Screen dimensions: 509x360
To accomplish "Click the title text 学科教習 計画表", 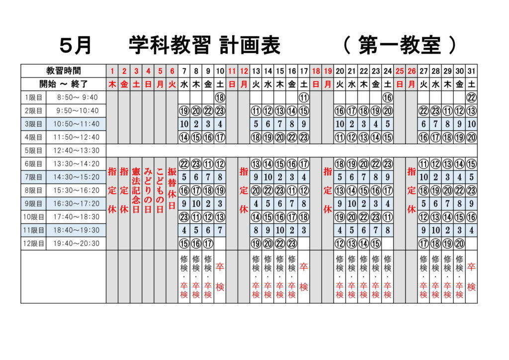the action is click(204, 45).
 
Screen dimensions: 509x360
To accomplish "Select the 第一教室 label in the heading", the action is click(400, 45).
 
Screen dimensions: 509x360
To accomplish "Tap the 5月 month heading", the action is click(76, 45).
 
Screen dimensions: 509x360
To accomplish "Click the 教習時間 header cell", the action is click(64, 71).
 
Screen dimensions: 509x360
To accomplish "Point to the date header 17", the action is click(304, 71).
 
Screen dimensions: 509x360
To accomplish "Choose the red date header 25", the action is click(400, 71).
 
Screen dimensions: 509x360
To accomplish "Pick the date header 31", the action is click(471, 71).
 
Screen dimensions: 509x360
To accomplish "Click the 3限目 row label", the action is click(34, 124).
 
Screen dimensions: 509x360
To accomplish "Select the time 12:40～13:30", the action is click(76, 151).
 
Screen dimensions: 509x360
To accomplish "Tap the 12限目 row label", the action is click(34, 244).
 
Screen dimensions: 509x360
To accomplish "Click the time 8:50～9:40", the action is click(77, 97).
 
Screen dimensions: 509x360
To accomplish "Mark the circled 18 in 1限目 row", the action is click(220, 97).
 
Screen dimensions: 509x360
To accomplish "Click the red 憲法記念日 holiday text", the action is click(136, 190).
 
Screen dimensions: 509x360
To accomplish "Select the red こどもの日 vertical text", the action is click(160, 190).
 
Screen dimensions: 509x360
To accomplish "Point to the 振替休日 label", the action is click(172, 188).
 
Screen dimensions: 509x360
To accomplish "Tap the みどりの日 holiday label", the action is click(148, 190).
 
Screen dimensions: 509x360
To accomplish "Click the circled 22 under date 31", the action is click(471, 97).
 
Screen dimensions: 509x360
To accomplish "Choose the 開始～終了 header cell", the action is click(64, 84).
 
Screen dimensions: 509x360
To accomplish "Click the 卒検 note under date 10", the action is click(220, 277).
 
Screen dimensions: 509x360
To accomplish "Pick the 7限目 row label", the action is click(34, 177).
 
